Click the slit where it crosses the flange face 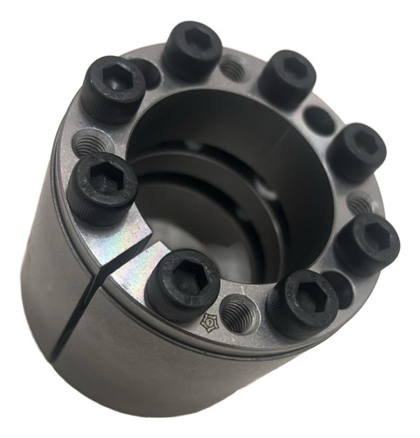(131, 254)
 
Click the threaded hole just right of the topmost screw (233, 68)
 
